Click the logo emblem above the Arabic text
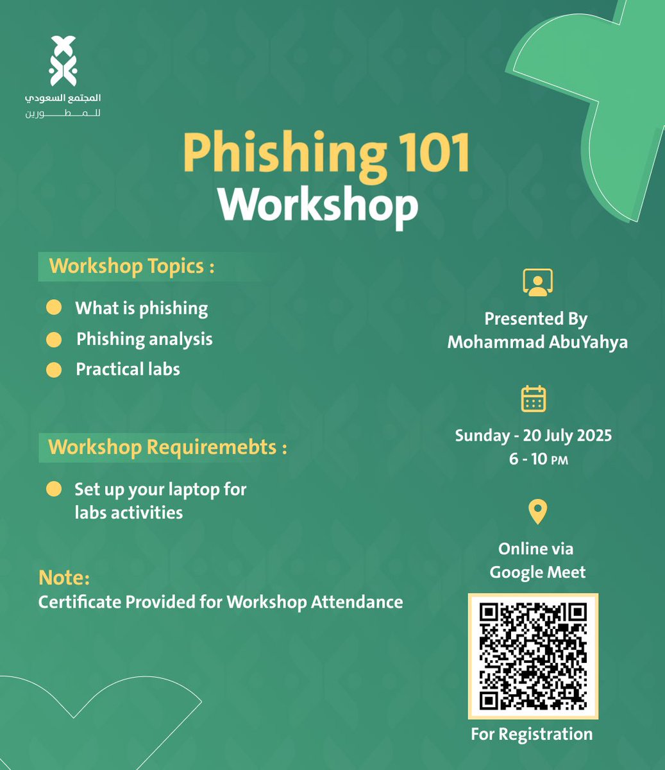click(x=63, y=62)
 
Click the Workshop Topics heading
click(x=131, y=266)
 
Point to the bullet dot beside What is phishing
click(x=54, y=308)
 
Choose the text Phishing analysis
click(x=144, y=339)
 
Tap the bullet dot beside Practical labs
click(x=54, y=370)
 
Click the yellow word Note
click(x=64, y=577)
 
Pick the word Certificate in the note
click(x=79, y=602)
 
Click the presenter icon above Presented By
click(x=537, y=283)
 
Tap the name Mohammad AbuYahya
click(x=537, y=342)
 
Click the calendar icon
click(x=534, y=398)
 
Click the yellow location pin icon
click(x=537, y=512)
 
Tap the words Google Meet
click(x=537, y=572)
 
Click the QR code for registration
click(x=534, y=656)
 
